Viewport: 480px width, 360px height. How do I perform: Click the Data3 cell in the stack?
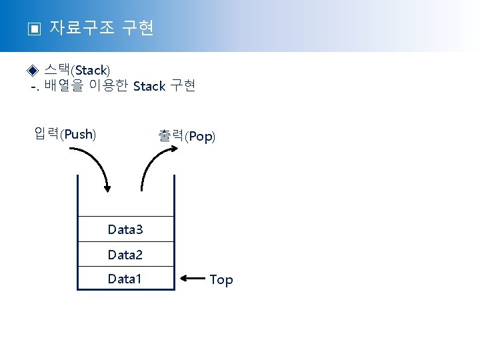point(125,230)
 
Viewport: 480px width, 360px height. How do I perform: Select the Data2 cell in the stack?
point(125,255)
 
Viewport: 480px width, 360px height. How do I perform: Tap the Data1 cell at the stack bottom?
point(125,279)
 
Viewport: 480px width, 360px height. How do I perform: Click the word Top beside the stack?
point(221,279)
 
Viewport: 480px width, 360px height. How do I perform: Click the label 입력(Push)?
point(65,135)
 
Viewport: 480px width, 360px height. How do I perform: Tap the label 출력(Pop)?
point(187,136)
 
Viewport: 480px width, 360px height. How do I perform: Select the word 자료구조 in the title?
point(83,28)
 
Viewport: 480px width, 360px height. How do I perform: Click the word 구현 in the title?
point(139,28)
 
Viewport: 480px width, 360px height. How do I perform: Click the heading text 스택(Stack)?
point(77,70)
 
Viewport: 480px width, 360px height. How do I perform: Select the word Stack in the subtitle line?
point(149,86)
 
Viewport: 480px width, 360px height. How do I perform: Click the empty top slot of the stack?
point(125,197)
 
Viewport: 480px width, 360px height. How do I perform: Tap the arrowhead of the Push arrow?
point(106,188)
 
